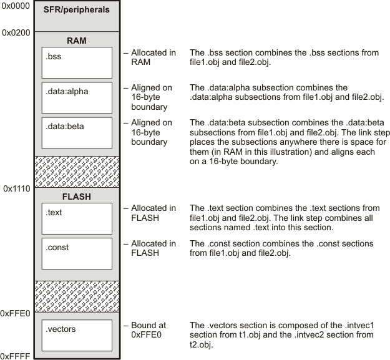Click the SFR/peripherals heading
[77, 10]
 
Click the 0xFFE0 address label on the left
[16, 313]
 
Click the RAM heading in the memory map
[77, 41]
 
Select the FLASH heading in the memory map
[77, 197]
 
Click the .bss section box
[77, 62]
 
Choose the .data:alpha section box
[77, 97]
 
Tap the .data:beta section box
[77, 132]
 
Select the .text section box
[77, 218]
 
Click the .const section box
[77, 253]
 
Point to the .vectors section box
[77, 336]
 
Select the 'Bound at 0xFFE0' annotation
[149, 330]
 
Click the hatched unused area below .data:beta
[77, 172]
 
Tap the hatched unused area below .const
[77, 296]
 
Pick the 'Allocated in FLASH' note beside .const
[153, 248]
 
